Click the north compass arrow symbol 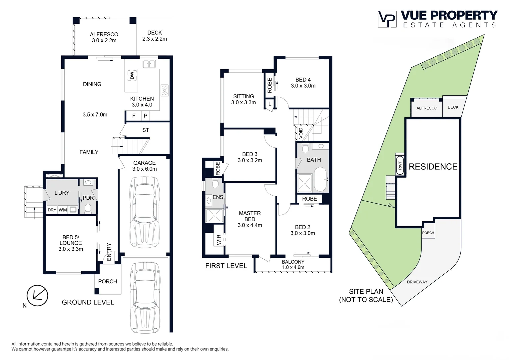click(x=37, y=296)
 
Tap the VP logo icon click(x=387, y=19)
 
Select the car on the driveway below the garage click(x=145, y=298)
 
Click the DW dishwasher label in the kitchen click(x=132, y=76)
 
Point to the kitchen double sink click(x=149, y=64)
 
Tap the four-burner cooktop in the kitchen click(x=165, y=90)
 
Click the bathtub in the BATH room click(x=320, y=179)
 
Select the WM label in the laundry click(x=63, y=210)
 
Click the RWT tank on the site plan click(x=400, y=165)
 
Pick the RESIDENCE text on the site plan click(x=433, y=167)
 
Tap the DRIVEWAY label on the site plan click(x=417, y=282)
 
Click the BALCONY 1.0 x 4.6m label click(x=293, y=265)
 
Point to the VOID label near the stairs click(x=301, y=133)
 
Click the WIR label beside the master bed click(x=219, y=240)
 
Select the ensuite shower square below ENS click(x=214, y=216)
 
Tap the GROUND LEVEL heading click(x=88, y=302)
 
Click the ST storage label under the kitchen click(x=146, y=130)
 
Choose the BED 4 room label click(x=303, y=83)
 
